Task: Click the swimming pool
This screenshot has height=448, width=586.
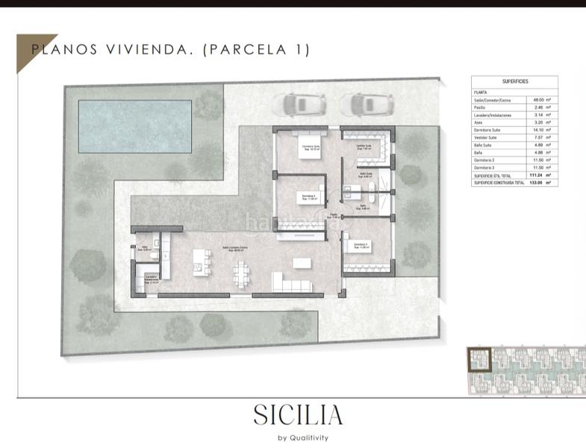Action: point(135,124)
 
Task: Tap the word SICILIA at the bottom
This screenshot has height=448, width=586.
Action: point(298,414)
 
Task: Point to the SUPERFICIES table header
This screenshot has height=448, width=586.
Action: point(516,81)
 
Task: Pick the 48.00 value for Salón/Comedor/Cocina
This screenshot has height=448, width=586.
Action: point(537,99)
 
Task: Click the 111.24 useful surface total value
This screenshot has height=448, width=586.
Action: point(534,175)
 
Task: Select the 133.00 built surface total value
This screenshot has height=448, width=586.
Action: point(534,182)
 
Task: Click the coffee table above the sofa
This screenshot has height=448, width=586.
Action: point(302,263)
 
